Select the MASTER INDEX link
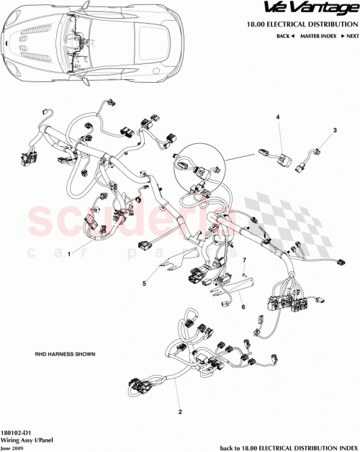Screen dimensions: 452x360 pos(318,35)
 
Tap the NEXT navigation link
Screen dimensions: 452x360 pos(348,35)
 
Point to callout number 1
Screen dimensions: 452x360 pos(69,254)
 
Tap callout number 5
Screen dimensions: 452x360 pos(144,283)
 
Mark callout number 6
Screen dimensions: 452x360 pos(243,306)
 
